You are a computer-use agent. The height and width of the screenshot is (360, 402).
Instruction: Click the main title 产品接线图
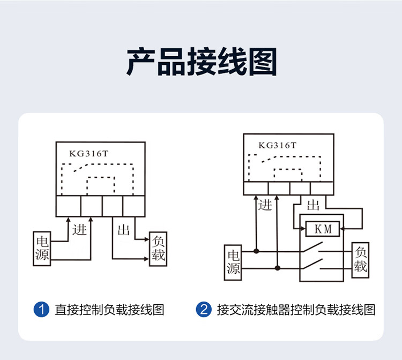(202, 62)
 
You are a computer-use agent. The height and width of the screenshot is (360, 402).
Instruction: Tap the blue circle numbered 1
(41, 310)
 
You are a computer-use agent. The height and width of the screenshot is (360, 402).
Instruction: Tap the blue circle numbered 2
(204, 310)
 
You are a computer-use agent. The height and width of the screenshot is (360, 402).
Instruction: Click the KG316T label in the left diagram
(88, 153)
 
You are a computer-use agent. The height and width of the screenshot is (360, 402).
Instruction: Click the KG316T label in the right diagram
(278, 146)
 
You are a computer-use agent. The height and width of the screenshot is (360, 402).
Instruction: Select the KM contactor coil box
(323, 229)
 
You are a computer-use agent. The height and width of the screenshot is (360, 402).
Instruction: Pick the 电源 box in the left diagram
(42, 249)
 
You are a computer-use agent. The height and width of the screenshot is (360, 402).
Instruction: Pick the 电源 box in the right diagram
(233, 262)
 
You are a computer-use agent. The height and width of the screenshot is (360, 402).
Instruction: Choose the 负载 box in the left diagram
(158, 249)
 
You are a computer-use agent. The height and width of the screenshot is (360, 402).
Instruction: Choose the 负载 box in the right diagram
(361, 260)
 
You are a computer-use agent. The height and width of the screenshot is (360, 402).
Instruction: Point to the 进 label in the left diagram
(79, 230)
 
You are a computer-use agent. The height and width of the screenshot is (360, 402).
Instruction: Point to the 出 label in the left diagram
(123, 230)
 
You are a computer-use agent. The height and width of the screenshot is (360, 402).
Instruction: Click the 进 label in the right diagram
(265, 205)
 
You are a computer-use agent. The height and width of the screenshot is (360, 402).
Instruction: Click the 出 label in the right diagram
(313, 205)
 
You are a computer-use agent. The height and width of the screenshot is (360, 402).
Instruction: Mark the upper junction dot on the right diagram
(256, 251)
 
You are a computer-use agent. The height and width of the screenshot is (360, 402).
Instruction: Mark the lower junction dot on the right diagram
(277, 268)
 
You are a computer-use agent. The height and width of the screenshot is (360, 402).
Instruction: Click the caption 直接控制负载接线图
(109, 310)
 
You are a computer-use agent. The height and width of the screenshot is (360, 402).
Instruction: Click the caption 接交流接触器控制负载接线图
(296, 310)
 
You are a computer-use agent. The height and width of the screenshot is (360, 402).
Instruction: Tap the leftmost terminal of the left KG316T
(69, 206)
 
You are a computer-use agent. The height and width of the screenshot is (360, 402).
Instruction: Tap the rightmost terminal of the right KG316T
(322, 189)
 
